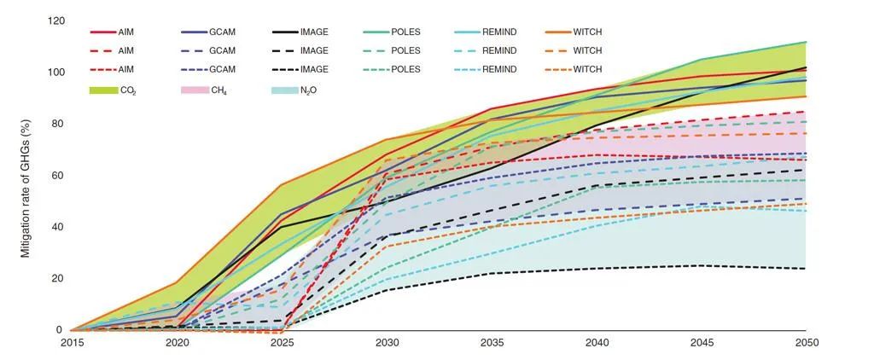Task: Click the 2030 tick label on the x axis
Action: coord(387,343)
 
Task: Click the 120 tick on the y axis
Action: coord(55,20)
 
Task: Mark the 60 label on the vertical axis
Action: coord(58,176)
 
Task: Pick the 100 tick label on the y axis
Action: coord(55,72)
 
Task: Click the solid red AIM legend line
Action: coord(104,32)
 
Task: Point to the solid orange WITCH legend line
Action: coord(558,32)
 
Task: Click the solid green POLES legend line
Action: coord(376,32)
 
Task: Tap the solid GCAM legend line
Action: coord(195,32)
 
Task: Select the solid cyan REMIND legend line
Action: coord(467,32)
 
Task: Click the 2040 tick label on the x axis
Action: coord(597,343)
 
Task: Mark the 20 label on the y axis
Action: coord(58,279)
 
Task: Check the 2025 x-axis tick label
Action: coord(282,343)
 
